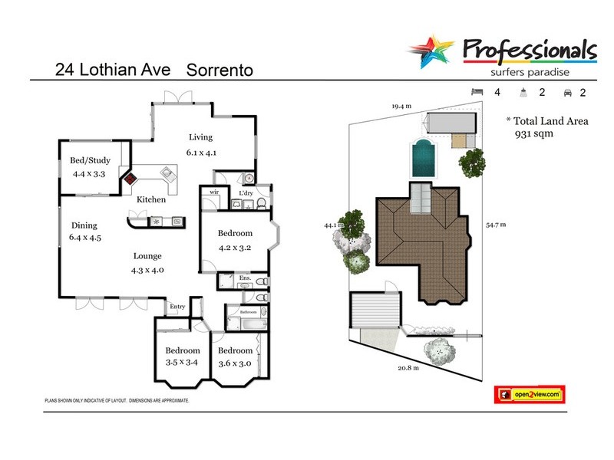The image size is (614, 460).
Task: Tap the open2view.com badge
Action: pos(530,394)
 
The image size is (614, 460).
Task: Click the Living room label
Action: pos(200,138)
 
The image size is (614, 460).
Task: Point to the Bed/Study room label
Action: pos(91,161)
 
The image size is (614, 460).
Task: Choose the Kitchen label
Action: pos(151,200)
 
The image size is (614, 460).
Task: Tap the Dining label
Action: pos(84,225)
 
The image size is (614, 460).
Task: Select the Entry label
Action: pos(177,307)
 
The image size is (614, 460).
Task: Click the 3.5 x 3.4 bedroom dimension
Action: pos(182,363)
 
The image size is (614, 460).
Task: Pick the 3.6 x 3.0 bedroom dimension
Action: pos(235,363)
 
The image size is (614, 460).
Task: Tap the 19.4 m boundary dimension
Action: pos(401,106)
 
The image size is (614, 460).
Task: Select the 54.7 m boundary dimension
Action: pos(497,225)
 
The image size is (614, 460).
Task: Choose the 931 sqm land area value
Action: pos(531,133)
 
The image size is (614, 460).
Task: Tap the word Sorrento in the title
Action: pos(220,70)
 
